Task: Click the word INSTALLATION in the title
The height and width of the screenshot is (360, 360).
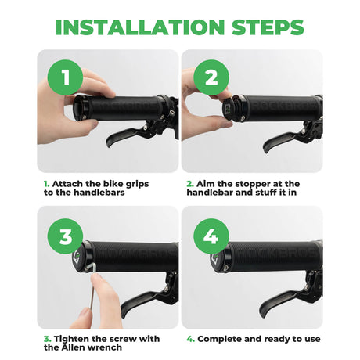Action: point(140,27)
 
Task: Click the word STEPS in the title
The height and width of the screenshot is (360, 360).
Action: point(268,27)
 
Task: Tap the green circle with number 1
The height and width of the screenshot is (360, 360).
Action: point(65,77)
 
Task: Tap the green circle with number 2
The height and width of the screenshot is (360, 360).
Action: point(211,77)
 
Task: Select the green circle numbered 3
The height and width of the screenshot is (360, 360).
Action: point(65,236)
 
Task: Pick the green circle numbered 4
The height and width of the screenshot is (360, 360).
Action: point(211,236)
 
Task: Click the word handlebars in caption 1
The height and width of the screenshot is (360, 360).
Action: point(99,193)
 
